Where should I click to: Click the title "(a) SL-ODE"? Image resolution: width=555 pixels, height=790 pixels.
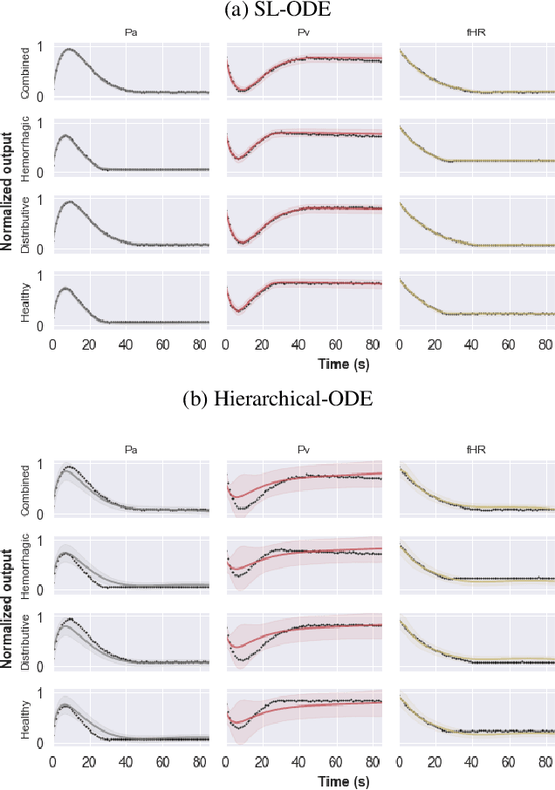pos(277,10)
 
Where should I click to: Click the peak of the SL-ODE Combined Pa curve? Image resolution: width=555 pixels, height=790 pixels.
pos(69,50)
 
